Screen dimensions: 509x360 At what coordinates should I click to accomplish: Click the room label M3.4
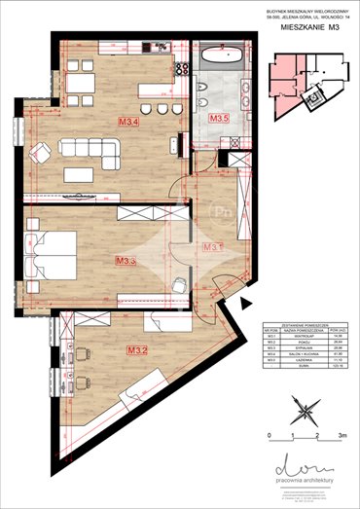(128, 123)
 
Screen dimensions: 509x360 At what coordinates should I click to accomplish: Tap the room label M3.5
(220, 119)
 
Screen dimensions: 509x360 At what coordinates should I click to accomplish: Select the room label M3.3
(125, 261)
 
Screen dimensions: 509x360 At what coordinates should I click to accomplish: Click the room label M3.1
(211, 247)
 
